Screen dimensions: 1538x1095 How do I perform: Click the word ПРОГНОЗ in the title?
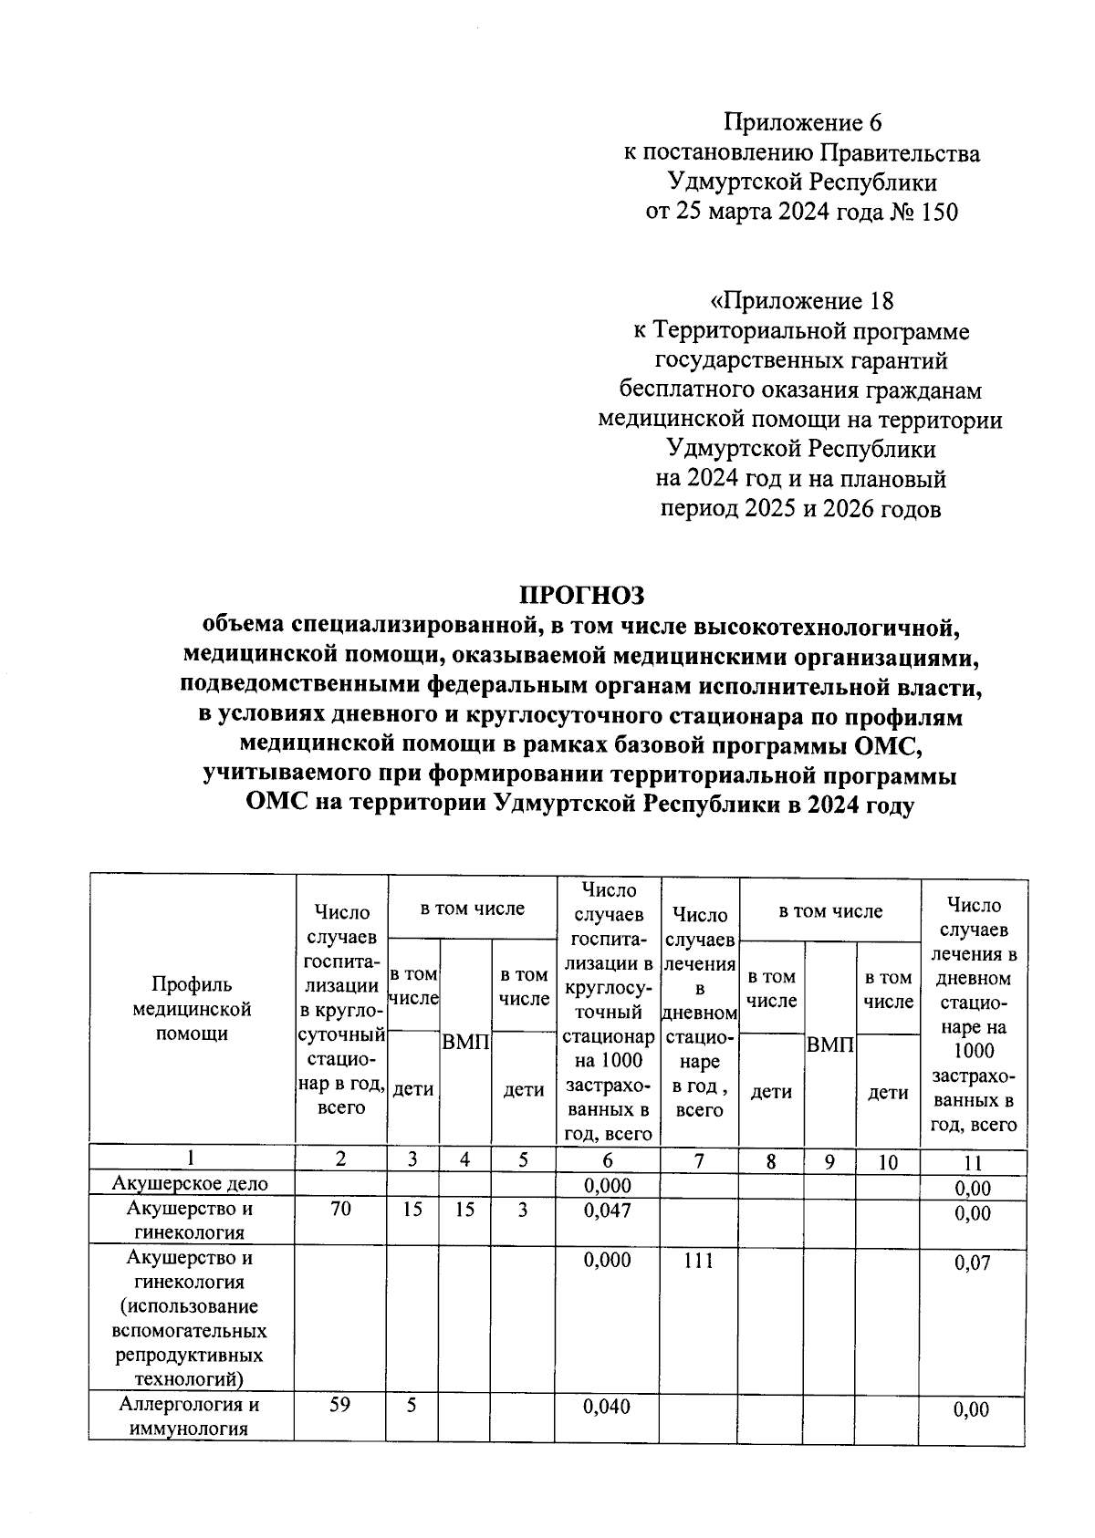click(x=582, y=595)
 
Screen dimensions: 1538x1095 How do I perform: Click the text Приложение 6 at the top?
click(x=803, y=122)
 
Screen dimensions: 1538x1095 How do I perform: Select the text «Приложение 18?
click(x=802, y=300)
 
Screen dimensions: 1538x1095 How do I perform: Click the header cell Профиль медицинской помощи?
click(x=192, y=1009)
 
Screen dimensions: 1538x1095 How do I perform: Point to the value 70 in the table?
click(x=340, y=1209)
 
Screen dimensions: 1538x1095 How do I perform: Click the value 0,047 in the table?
click(x=607, y=1209)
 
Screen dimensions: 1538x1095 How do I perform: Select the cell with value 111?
click(x=698, y=1260)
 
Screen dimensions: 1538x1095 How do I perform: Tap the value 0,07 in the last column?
click(x=972, y=1263)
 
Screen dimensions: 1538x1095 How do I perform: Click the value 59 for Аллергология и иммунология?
click(x=339, y=1405)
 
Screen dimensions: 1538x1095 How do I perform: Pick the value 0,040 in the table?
click(x=607, y=1406)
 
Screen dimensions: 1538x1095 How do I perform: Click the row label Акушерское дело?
click(x=190, y=1184)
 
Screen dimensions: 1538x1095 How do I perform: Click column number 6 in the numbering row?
click(x=607, y=1161)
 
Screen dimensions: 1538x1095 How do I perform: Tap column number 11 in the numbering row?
click(x=973, y=1163)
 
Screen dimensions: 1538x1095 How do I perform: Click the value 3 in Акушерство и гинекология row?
click(x=523, y=1209)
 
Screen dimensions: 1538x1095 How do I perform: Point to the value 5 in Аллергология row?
click(x=412, y=1405)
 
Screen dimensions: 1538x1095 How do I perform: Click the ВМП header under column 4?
click(x=465, y=1042)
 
